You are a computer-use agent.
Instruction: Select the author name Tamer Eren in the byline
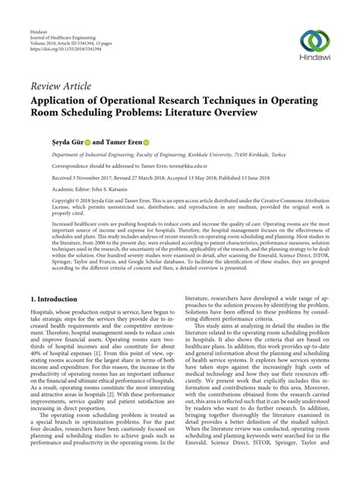coord(116,141)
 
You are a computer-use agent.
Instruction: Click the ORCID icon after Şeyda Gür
coord(87,141)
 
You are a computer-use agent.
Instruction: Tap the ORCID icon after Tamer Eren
coord(145,141)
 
